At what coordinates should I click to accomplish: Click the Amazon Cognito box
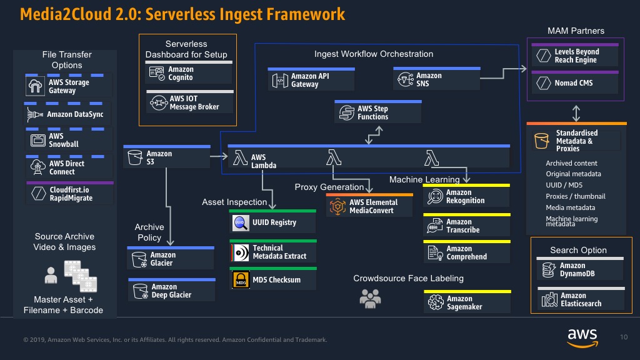pos(189,72)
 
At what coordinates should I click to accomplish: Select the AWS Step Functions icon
pos(346,112)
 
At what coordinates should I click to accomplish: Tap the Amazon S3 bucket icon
pos(135,157)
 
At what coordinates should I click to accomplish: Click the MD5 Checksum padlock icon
pos(241,280)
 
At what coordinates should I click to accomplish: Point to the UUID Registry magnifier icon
pos(241,223)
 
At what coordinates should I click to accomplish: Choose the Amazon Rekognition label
pos(465,196)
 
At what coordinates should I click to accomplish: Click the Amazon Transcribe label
pos(463,226)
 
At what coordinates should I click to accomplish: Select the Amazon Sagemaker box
pos(467,301)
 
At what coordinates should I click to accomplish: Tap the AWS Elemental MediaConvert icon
pos(337,206)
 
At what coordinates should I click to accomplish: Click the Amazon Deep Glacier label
pos(171,291)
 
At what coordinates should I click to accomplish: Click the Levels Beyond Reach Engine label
pos(577,56)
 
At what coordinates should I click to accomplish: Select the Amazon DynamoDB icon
pos(549,270)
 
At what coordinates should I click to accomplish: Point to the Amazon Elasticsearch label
pos(581,299)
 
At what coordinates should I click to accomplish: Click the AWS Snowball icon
pos(38,141)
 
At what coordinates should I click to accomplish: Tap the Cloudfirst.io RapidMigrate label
pos(71,194)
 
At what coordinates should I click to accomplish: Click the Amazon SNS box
pos(437,78)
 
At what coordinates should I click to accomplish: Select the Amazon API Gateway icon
pos(280,81)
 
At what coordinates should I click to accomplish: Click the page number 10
pos(624,337)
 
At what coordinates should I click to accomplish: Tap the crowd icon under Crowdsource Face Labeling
pos(370,298)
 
